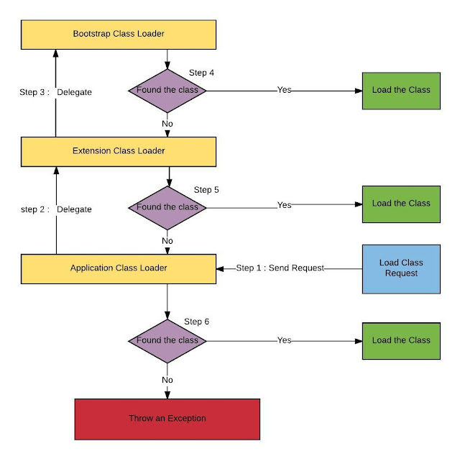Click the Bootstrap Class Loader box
pyautogui.click(x=119, y=34)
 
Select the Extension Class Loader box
pyautogui.click(x=119, y=151)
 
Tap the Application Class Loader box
pyautogui.click(x=119, y=268)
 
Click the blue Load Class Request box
pyautogui.click(x=400, y=268)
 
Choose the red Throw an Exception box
pyautogui.click(x=167, y=419)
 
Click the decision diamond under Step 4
pyautogui.click(x=167, y=91)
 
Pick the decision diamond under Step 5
pyautogui.click(x=167, y=207)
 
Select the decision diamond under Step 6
pyautogui.click(x=167, y=340)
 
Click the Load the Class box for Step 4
pyautogui.click(x=400, y=90)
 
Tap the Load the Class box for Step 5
pyautogui.click(x=400, y=204)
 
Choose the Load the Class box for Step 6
pyautogui.click(x=400, y=340)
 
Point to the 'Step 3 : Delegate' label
pyautogui.click(x=55, y=93)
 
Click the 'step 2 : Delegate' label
pyautogui.click(x=55, y=209)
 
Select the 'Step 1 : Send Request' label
pyautogui.click(x=280, y=268)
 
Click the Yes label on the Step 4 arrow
pyautogui.click(x=285, y=90)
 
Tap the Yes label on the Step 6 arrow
pyautogui.click(x=285, y=340)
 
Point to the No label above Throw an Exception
pyautogui.click(x=167, y=380)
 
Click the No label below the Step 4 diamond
pyautogui.click(x=167, y=124)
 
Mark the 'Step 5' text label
pyautogui.click(x=206, y=190)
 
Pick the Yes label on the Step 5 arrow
pyautogui.click(x=285, y=206)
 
